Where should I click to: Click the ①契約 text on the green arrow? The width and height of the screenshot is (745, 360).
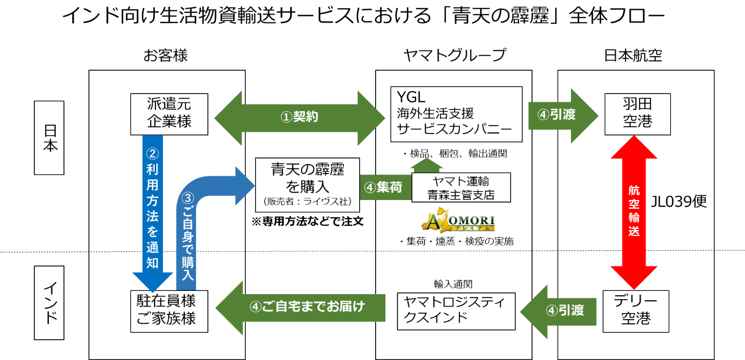tap(299, 117)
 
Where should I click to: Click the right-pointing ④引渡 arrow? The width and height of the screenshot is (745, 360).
tap(563, 115)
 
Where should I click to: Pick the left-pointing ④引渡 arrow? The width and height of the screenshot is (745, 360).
tap(558, 311)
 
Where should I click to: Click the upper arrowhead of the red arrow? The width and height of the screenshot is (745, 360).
tap(634, 148)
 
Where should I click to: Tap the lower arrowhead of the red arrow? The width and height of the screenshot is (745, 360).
tap(634, 277)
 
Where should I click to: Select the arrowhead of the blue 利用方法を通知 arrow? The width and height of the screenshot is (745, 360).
tap(153, 281)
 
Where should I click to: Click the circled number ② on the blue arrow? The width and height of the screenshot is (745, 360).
tap(152, 154)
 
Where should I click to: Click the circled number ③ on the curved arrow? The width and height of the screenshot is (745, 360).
tap(188, 198)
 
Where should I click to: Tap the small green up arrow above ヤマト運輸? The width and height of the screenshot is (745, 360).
tap(427, 164)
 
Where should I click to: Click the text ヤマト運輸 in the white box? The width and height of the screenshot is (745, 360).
tap(461, 181)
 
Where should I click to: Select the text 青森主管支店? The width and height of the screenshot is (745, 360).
tap(461, 195)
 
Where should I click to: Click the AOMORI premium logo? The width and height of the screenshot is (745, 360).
tap(458, 220)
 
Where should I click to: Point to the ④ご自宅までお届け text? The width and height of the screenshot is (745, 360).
tap(308, 307)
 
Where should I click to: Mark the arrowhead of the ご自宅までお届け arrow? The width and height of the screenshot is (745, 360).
tap(230, 308)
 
